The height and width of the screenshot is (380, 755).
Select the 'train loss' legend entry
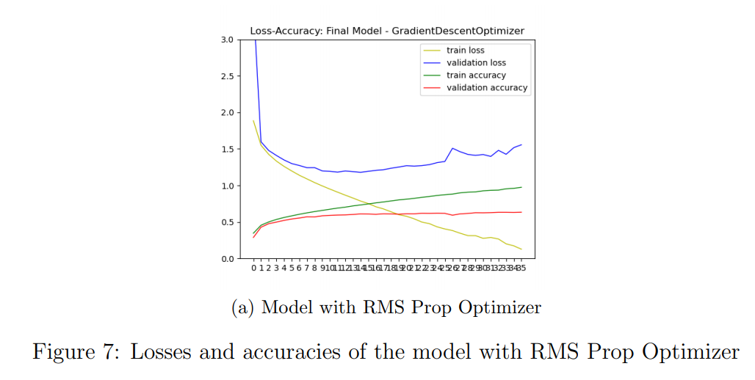coord(466,51)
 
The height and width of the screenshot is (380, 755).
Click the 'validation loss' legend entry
coord(476,63)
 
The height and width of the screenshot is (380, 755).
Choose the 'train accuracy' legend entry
coord(476,76)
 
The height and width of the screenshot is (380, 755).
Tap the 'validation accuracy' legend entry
coord(487,88)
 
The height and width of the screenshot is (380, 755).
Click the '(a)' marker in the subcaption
coord(242,307)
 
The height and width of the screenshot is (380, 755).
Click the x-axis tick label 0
coord(253,268)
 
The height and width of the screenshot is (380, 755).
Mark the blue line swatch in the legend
coord(432,63)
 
